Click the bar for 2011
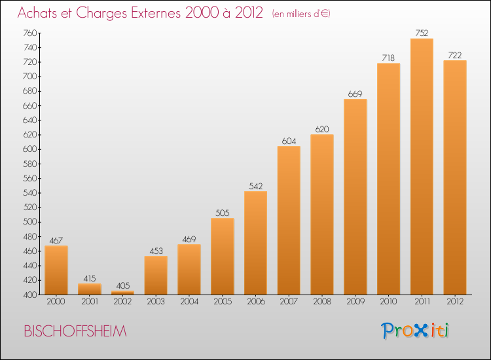click(x=422, y=166)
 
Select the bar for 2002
click(x=122, y=293)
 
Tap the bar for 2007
click(x=289, y=221)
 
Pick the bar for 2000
click(x=56, y=270)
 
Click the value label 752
click(x=422, y=33)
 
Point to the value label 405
click(x=123, y=285)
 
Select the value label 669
click(x=355, y=94)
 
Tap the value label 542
click(x=255, y=186)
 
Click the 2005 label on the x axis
click(x=223, y=301)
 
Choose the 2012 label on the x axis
click(x=455, y=301)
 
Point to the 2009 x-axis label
click(x=355, y=301)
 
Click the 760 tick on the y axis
click(x=29, y=33)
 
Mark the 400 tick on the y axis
click(x=29, y=295)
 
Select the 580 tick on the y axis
click(x=29, y=164)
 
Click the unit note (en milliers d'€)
click(x=301, y=14)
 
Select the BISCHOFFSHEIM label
click(x=75, y=331)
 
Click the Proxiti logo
click(x=415, y=331)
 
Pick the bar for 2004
click(x=189, y=270)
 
